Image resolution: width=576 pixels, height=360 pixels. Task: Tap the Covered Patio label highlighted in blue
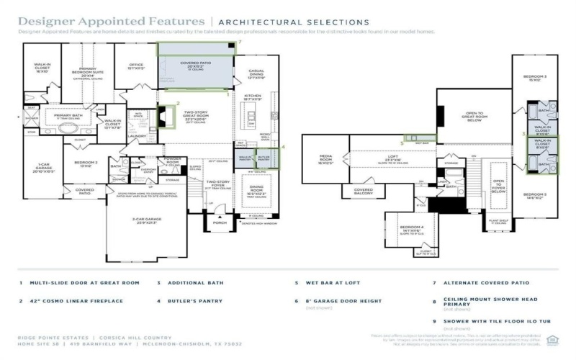pyautogui.click(x=194, y=65)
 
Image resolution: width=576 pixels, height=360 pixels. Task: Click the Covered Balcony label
pyautogui.click(x=363, y=191)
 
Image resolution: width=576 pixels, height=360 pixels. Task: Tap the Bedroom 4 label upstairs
pyautogui.click(x=410, y=230)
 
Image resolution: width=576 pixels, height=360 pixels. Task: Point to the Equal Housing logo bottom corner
pyautogui.click(x=552, y=340)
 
